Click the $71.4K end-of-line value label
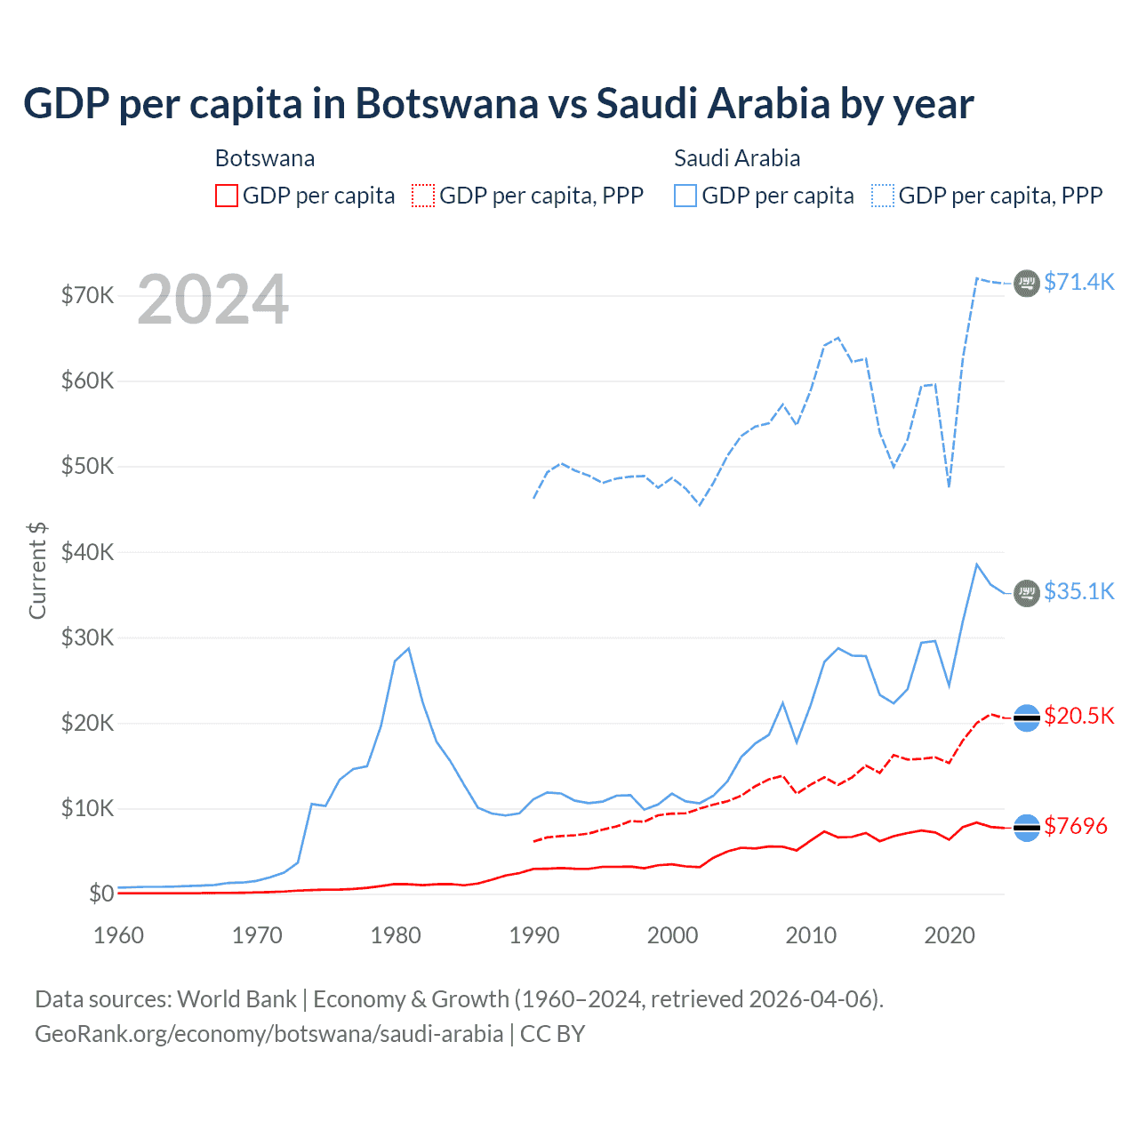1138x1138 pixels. click(1078, 282)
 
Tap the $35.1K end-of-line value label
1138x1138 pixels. click(1078, 591)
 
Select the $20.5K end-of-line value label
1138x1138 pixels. click(1078, 716)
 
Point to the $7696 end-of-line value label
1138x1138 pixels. click(1075, 826)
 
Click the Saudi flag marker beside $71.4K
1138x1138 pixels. click(1027, 283)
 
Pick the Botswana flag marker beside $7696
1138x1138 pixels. click(1027, 828)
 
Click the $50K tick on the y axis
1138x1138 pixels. click(87, 466)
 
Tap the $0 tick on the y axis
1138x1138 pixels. click(101, 894)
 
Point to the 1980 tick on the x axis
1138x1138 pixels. click(396, 935)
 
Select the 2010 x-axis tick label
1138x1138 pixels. click(811, 935)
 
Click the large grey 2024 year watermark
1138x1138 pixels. click(212, 300)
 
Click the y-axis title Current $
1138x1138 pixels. click(37, 570)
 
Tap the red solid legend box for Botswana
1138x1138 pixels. click(227, 196)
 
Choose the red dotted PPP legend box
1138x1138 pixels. click(423, 196)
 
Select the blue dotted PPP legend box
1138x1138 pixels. click(883, 196)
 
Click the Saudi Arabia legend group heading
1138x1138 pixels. click(737, 158)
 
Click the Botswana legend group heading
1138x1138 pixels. click(265, 158)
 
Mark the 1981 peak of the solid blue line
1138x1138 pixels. click(408, 648)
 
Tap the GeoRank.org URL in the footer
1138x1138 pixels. click(268, 1034)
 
